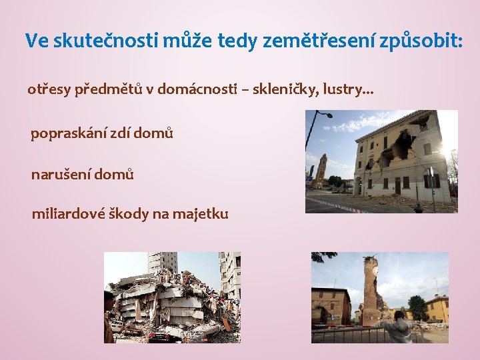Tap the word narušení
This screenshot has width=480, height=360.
coord(61,175)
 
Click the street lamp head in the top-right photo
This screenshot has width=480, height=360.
coord(327,114)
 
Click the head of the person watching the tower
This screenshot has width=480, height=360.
coord(399,315)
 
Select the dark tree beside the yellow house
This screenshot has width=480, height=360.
coord(417,307)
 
